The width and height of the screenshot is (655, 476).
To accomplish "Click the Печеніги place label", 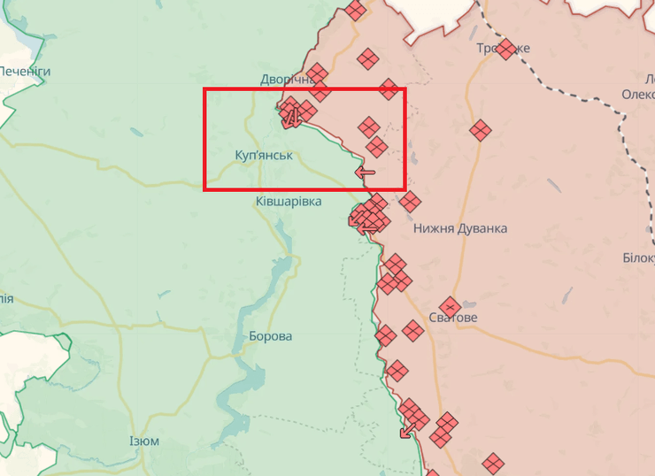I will click(x=25, y=71).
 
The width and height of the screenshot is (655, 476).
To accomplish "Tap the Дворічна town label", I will click(x=287, y=79).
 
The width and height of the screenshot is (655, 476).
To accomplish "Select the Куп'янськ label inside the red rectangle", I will click(x=264, y=155).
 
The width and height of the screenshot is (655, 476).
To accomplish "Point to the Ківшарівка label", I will click(x=289, y=203).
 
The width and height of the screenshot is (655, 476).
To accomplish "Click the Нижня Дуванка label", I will click(x=460, y=228).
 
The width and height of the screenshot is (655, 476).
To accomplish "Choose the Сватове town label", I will click(x=452, y=318).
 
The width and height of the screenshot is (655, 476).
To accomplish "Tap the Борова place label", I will click(x=270, y=337).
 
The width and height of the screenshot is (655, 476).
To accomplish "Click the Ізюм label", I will click(x=144, y=441).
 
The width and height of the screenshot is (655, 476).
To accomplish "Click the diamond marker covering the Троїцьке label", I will click(x=505, y=49).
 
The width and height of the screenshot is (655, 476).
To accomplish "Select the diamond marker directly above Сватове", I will click(x=450, y=306).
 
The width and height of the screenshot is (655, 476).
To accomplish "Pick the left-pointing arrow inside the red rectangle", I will click(x=365, y=172).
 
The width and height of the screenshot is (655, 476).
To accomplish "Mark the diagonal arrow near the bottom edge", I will click(x=407, y=431).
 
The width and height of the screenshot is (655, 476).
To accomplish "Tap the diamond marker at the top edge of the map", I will click(x=356, y=11).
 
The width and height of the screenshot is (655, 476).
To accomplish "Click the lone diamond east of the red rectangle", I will click(x=480, y=131).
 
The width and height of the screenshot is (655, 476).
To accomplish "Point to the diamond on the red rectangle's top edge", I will click(x=388, y=88).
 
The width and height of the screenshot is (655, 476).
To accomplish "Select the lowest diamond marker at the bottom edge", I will click(x=493, y=463).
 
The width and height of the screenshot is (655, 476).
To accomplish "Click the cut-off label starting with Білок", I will click(x=639, y=257).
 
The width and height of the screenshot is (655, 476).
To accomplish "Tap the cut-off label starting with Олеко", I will click(x=637, y=95).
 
